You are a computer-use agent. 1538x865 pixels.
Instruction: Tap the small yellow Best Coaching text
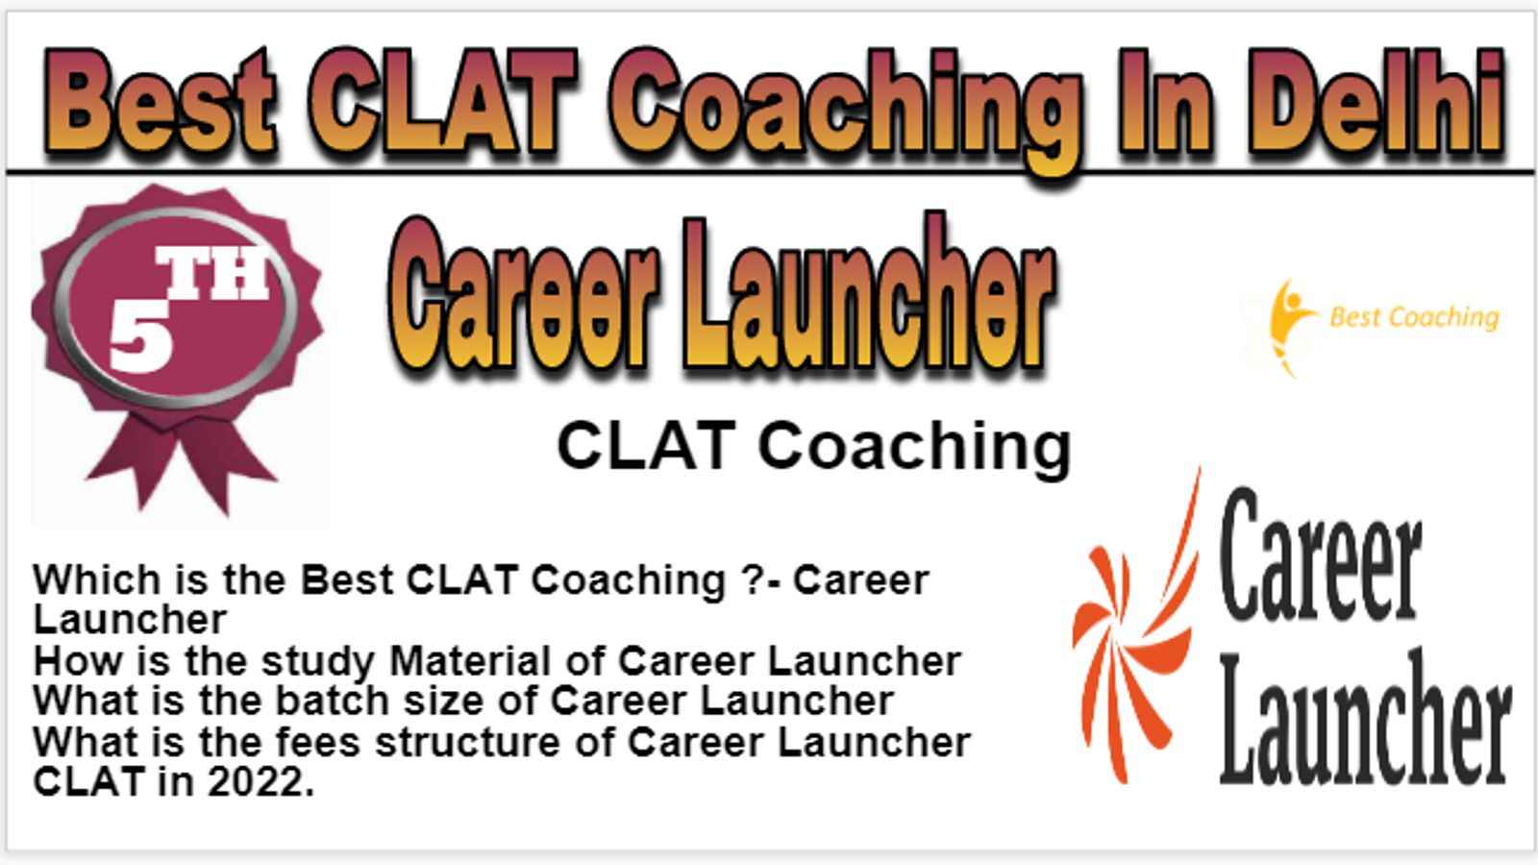point(1414,317)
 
